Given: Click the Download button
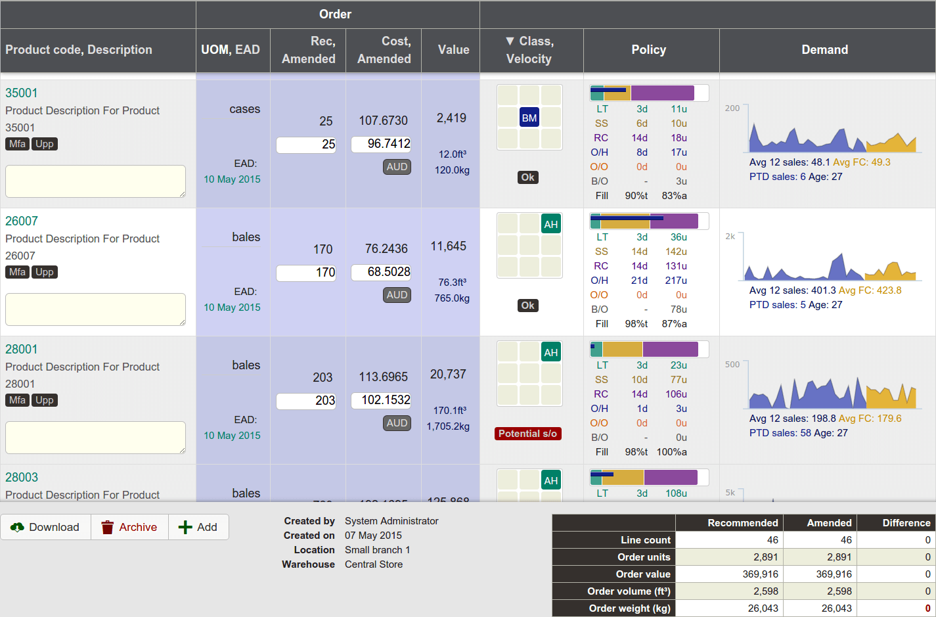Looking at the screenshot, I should tap(45, 527).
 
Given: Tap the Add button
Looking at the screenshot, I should tap(198, 527).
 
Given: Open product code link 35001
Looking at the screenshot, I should tap(22, 93).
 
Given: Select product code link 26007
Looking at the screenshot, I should tap(22, 221).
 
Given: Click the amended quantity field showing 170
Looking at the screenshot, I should tap(306, 272).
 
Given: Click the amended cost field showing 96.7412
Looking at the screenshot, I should tap(381, 144).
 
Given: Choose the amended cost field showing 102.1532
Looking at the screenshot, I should tap(381, 400).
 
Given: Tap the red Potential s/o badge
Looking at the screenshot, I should tap(527, 434).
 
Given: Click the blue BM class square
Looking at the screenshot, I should tap(529, 118).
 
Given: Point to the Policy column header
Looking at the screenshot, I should tap(648, 50).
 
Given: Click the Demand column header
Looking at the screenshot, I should tap(824, 50).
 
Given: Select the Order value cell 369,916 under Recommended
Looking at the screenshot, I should tap(729, 574).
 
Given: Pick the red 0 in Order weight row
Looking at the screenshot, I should tap(927, 608).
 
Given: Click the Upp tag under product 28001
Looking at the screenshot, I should tap(45, 400).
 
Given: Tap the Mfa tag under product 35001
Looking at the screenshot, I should tap(18, 144).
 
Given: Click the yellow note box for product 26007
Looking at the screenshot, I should tap(95, 309).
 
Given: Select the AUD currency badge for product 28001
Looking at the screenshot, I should tap(397, 423).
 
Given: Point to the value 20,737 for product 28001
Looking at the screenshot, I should tap(448, 375).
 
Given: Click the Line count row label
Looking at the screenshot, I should tap(646, 540).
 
